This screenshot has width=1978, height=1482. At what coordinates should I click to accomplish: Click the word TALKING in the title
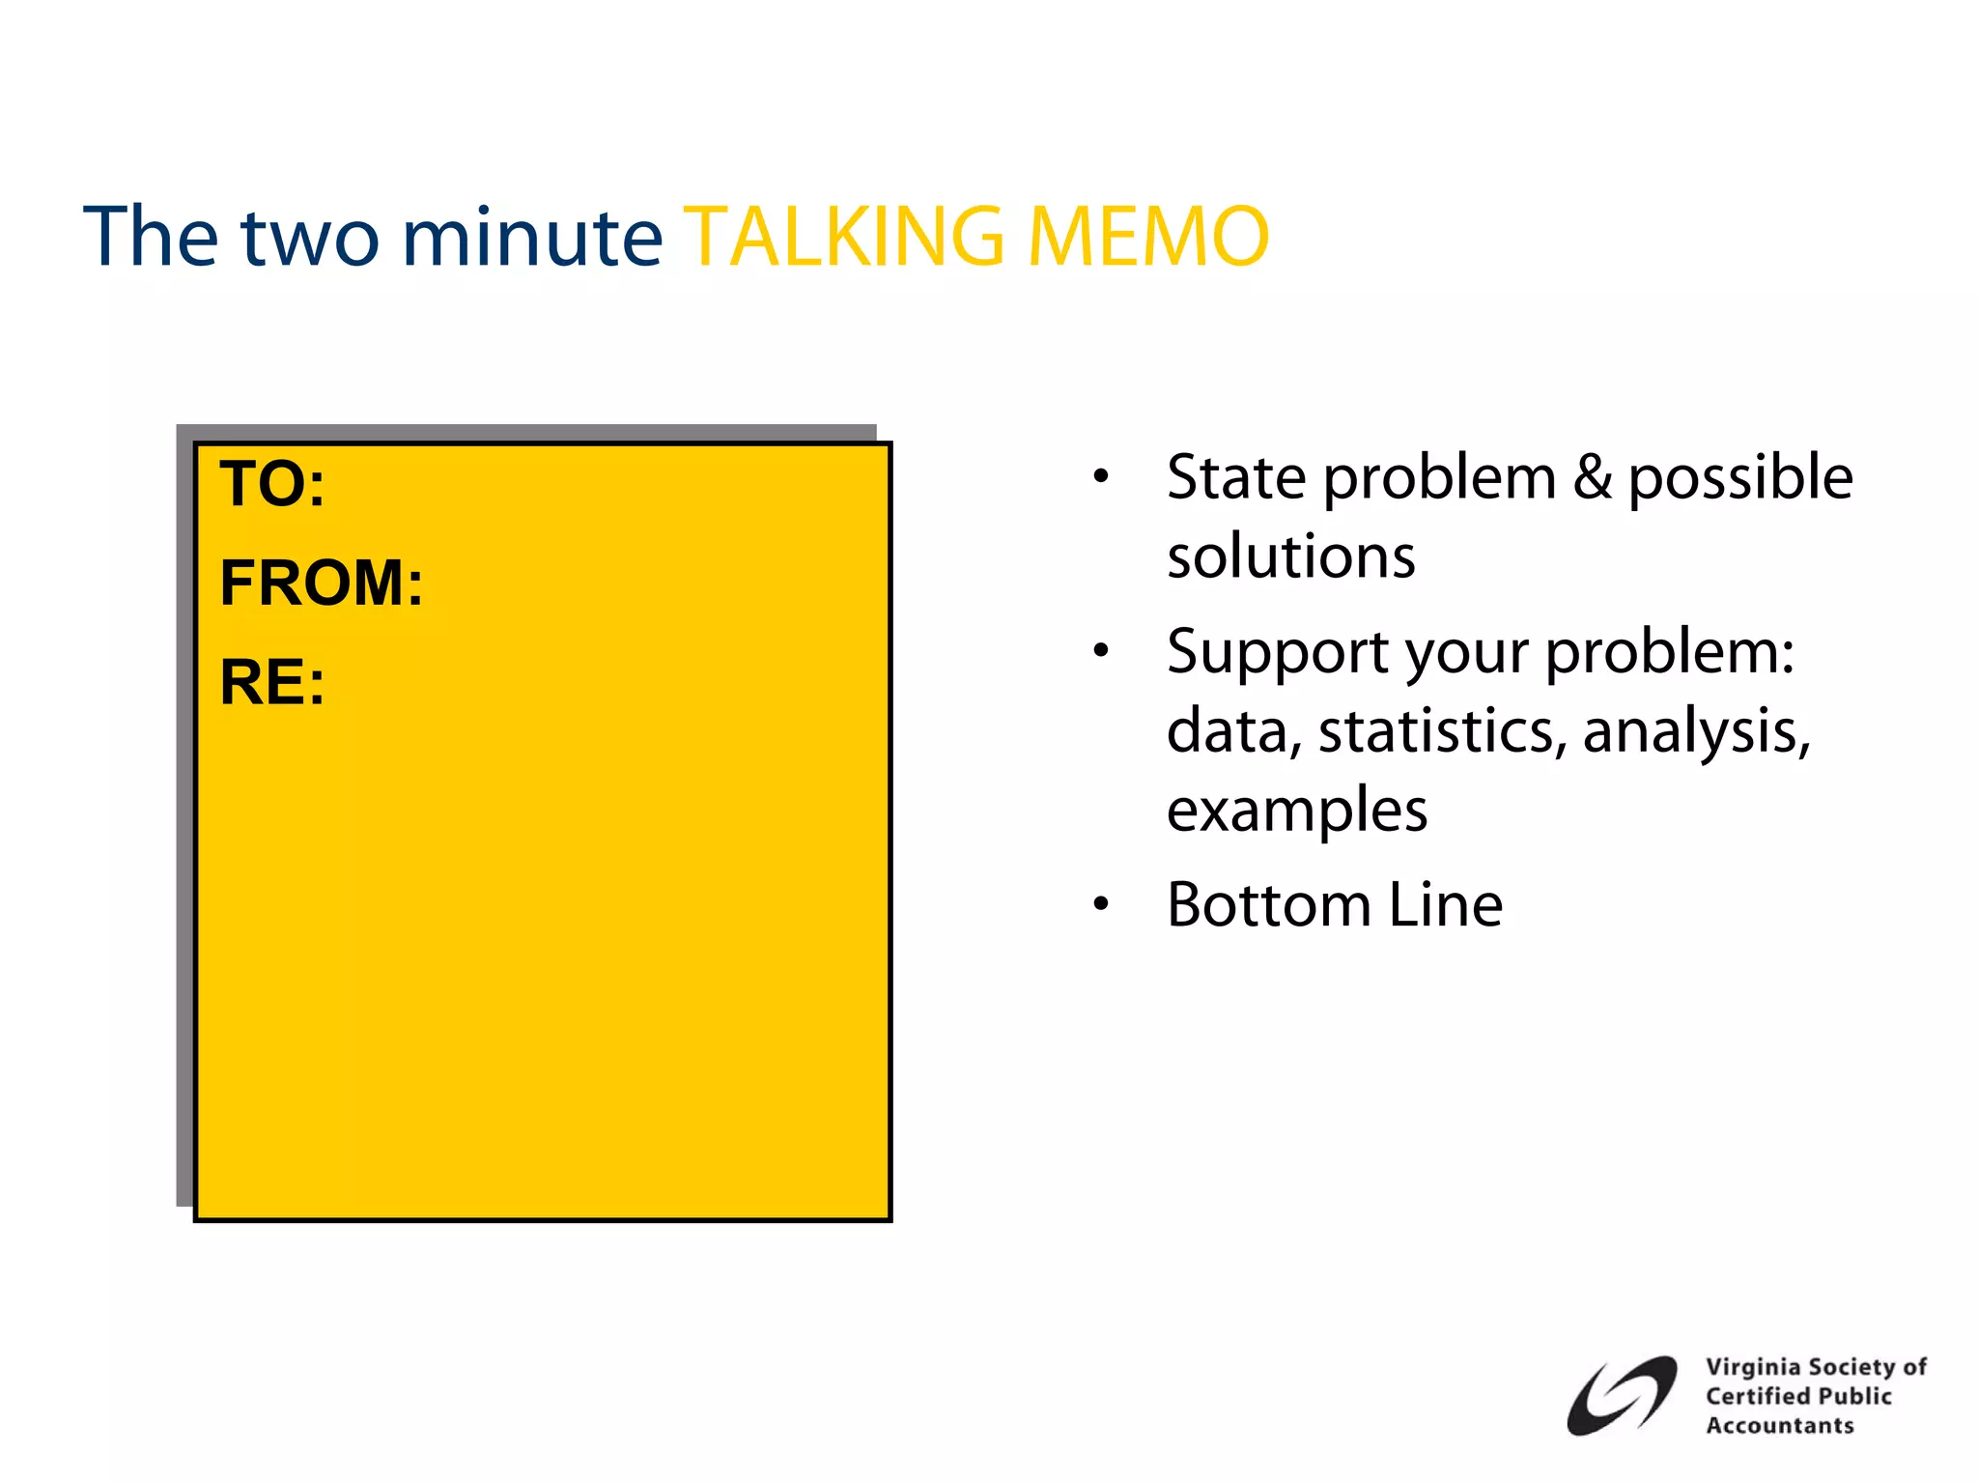point(848,238)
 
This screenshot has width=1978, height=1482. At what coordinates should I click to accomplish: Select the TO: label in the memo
point(272,484)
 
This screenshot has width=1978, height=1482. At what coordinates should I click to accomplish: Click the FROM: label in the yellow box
point(322,584)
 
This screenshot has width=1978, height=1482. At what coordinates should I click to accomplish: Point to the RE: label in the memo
point(272,683)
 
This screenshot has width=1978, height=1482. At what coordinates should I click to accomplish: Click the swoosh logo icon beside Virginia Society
point(1622,1396)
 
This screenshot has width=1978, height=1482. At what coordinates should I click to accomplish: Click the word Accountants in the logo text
point(1779,1426)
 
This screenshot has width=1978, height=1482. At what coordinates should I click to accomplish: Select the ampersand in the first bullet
point(1593,477)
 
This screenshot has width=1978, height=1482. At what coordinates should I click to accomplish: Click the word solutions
point(1290,557)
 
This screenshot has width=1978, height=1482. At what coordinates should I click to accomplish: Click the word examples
point(1296,810)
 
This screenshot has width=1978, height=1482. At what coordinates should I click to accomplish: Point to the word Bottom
point(1268,905)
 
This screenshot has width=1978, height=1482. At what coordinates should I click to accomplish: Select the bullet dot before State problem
point(1101,476)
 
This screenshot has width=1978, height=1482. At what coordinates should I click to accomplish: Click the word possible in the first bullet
point(1740,477)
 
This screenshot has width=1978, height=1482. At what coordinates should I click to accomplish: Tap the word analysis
point(1695,731)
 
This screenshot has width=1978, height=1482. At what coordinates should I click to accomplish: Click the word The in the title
point(152,238)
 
